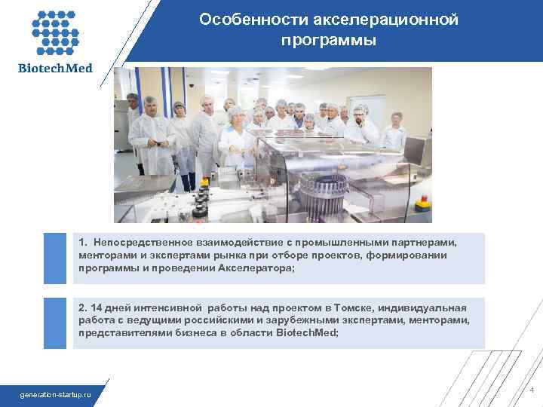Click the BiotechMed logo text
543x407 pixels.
click(x=55, y=69)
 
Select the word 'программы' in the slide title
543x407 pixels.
click(x=328, y=39)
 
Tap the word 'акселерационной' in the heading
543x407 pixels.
click(x=382, y=20)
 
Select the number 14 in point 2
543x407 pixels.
click(x=96, y=308)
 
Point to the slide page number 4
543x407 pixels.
click(x=531, y=390)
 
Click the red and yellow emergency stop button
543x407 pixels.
click(x=423, y=203)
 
